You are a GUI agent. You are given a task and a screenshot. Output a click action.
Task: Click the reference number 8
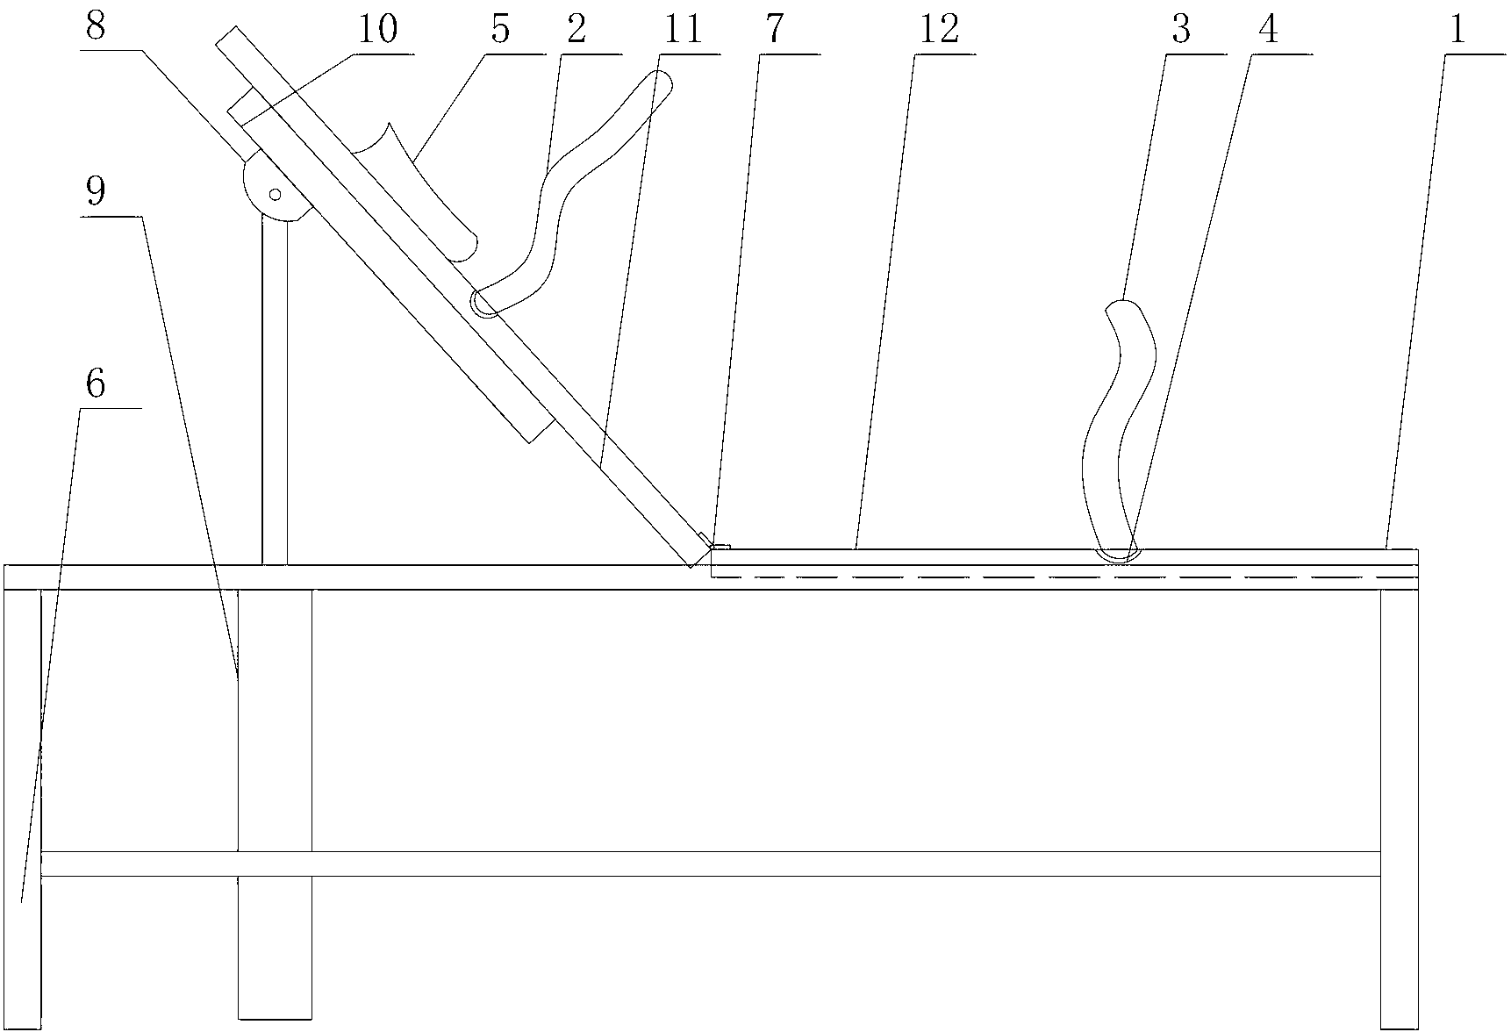(x=97, y=26)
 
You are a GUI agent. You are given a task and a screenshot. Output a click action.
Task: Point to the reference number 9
(x=97, y=190)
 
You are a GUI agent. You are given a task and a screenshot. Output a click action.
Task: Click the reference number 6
(x=97, y=383)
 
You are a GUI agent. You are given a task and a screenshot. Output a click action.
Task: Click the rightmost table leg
(x=1399, y=807)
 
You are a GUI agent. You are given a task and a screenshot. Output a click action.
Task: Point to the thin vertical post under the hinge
(x=275, y=386)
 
